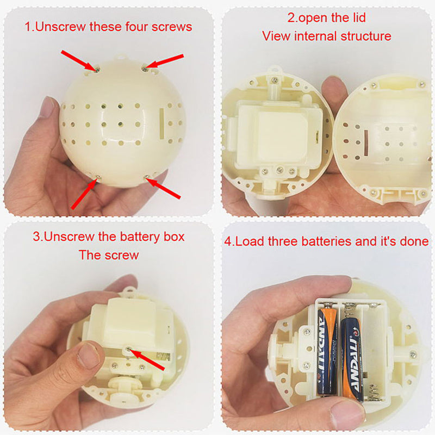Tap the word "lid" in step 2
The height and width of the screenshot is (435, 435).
359,17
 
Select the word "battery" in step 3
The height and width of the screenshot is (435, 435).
140,237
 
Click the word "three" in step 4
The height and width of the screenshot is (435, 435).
283,241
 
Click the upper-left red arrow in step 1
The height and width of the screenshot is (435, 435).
79,61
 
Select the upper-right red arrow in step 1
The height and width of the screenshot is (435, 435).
164,61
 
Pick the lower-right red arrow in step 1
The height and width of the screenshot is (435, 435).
163,188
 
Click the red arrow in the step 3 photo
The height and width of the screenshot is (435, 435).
147,360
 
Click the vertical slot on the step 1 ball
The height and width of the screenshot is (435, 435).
161,123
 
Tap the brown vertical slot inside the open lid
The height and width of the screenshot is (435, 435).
366,143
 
